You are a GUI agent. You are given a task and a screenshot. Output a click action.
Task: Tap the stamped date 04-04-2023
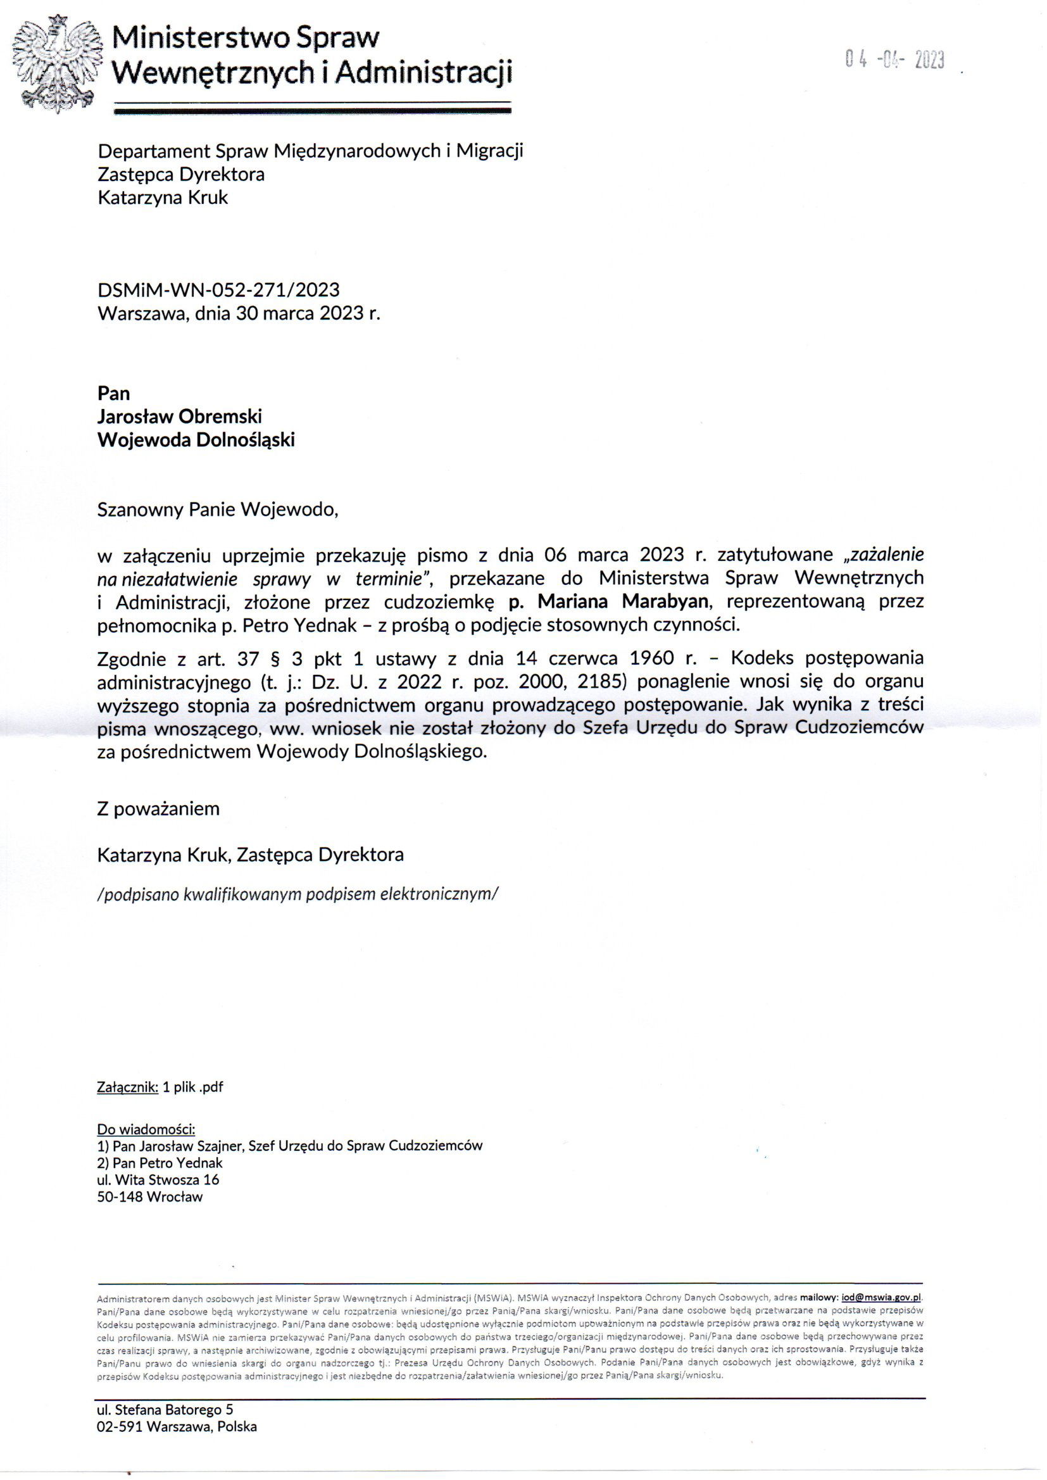tap(894, 61)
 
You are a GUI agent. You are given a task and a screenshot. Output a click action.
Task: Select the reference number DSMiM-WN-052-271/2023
tap(218, 290)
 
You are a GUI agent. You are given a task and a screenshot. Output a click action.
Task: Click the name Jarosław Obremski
tap(179, 417)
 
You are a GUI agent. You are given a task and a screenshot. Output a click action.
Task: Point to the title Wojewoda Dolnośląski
tap(196, 439)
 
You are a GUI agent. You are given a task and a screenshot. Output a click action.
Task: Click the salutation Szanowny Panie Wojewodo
tap(217, 510)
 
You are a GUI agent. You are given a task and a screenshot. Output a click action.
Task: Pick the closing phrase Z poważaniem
tap(158, 808)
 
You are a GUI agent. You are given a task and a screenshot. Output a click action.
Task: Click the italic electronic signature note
tap(298, 894)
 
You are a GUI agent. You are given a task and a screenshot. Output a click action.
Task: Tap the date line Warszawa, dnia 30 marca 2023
tap(239, 313)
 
